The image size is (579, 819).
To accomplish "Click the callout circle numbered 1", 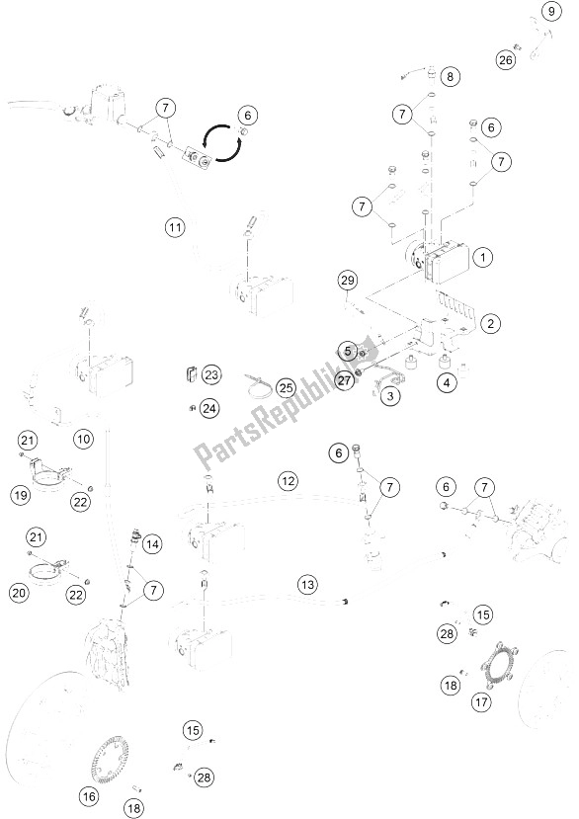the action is [482, 257].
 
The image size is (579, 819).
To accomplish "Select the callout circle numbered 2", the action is [490, 323].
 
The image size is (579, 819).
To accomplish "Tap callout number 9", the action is [550, 11].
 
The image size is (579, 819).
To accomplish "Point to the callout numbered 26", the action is [505, 60].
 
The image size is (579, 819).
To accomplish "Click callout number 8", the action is [450, 77].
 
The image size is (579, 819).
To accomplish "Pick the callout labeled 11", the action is [175, 227].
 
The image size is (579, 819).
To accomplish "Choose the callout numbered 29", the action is [348, 281].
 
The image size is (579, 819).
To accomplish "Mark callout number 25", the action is [286, 388].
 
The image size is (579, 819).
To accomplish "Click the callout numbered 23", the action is [211, 374].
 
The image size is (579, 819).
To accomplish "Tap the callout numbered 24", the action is [209, 408].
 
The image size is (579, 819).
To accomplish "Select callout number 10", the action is [84, 439].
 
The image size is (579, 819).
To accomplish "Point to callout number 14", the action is [152, 544].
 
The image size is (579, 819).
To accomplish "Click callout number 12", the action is [288, 480].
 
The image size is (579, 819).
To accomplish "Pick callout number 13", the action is [308, 584].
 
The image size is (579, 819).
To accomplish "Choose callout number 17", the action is [481, 701].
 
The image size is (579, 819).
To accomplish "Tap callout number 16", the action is [89, 796].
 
